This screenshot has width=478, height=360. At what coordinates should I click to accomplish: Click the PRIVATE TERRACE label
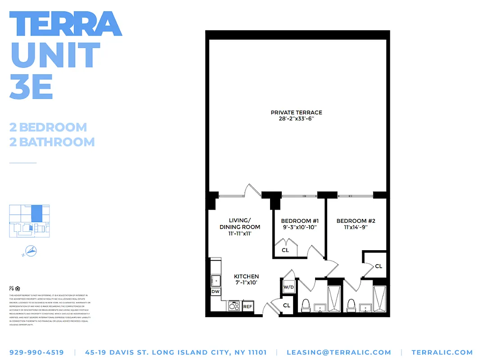296,112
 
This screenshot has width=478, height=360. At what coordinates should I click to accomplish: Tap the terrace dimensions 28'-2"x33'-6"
296,119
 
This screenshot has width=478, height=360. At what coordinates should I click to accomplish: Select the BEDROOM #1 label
300,221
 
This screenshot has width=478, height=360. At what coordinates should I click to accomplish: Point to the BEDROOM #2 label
356,221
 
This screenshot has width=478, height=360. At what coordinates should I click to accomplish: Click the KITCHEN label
246,276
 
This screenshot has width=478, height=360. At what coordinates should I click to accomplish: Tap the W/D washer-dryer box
288,287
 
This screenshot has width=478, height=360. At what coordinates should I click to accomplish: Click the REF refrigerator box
248,306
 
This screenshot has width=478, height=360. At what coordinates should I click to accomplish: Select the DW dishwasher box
216,292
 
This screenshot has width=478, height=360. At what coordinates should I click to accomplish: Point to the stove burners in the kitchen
234,306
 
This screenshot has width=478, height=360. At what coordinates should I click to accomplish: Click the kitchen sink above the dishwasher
216,280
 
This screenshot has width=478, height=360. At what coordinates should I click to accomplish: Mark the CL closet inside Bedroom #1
285,250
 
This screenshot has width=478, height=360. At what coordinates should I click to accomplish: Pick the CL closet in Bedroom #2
379,266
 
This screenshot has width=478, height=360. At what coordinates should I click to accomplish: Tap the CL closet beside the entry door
287,306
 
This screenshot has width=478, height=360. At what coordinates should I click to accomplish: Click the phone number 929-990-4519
36,352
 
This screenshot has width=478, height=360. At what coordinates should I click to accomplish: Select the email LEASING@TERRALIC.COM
339,352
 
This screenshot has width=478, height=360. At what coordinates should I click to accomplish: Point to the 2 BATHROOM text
52,142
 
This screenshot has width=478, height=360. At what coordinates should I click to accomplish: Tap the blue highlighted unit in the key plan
36,213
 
